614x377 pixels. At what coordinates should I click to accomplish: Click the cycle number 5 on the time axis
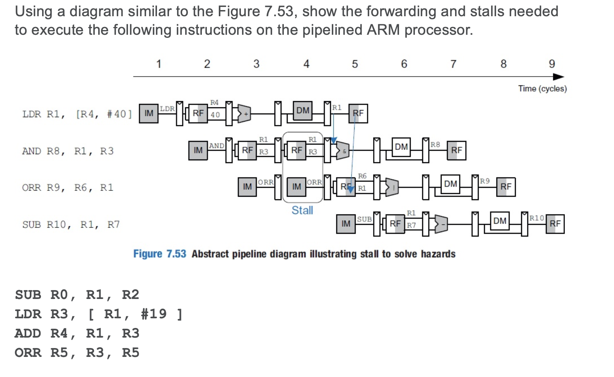pos(355,64)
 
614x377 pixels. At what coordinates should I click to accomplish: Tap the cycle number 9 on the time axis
pos(552,64)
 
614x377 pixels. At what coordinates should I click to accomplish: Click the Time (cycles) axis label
pos(542,88)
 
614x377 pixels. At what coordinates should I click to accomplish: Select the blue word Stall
pos(302,211)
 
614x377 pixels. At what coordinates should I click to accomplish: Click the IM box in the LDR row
pos(149,113)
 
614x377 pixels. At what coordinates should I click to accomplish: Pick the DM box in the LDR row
pos(303,111)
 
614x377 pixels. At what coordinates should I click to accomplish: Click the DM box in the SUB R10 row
pos(500,221)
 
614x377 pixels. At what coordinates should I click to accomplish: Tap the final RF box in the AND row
pos(456,150)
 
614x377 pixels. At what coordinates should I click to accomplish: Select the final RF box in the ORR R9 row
pos(506,187)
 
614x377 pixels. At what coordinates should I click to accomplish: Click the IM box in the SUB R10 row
pos(346,224)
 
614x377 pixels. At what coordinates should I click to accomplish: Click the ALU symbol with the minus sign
pos(442,224)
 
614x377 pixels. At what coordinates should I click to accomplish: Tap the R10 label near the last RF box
pos(537,218)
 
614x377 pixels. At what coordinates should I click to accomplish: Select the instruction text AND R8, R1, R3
pos(68,151)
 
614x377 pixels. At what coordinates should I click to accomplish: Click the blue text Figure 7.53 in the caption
pos(159,254)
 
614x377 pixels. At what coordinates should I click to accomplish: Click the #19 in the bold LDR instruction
pos(153,314)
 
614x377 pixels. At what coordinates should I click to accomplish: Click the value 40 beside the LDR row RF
pos(215,115)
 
